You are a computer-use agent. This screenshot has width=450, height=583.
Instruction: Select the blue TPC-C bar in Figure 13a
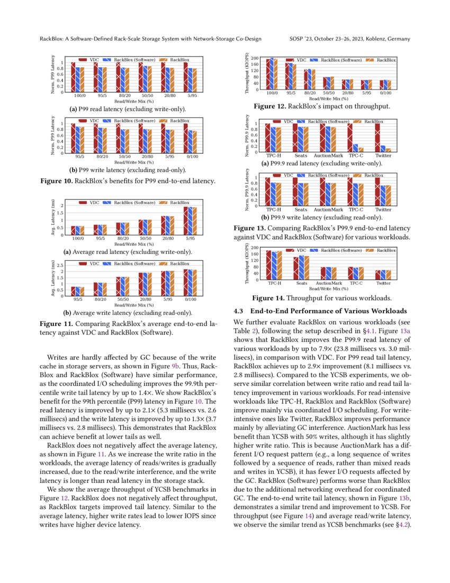tap(355, 148)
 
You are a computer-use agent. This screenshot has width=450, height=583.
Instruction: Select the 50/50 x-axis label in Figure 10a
tap(148, 95)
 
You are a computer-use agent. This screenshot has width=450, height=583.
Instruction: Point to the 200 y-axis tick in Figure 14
tap(255, 248)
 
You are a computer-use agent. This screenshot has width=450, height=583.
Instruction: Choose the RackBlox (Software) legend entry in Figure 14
tap(337, 250)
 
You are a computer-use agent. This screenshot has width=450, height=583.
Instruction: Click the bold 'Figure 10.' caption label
tap(57, 181)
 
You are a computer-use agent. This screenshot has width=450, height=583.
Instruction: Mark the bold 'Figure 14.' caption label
tap(269, 298)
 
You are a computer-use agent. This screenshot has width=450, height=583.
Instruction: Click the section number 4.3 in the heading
tap(239, 311)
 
